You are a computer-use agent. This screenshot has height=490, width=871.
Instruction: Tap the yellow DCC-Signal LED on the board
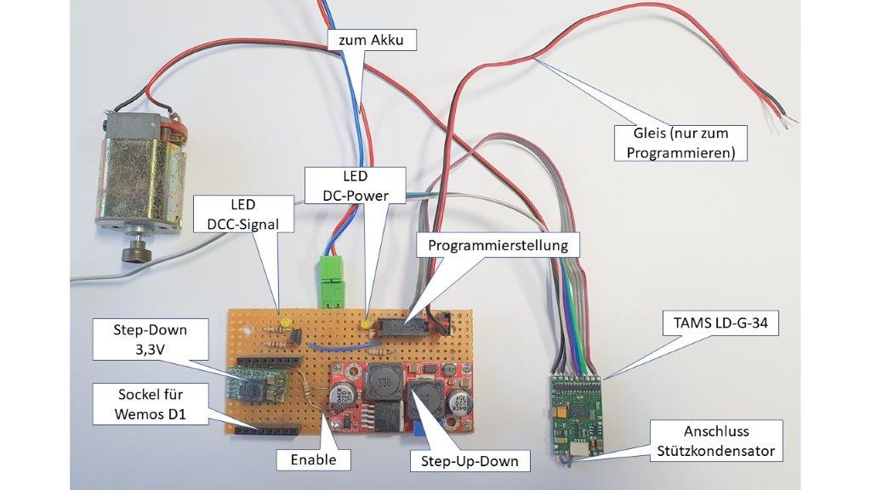(287, 323)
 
